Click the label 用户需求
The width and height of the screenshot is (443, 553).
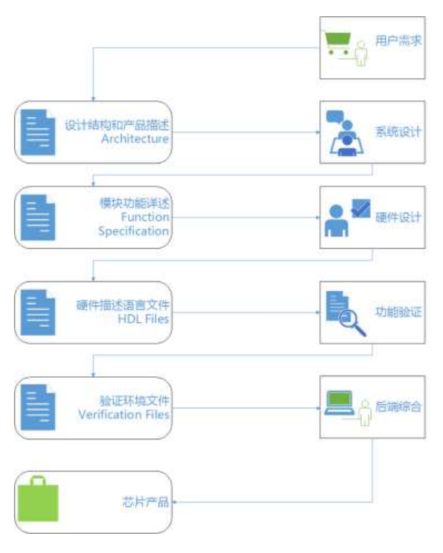point(400,40)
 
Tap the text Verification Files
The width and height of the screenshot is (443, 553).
point(125,415)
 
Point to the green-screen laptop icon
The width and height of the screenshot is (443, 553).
point(340,404)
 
